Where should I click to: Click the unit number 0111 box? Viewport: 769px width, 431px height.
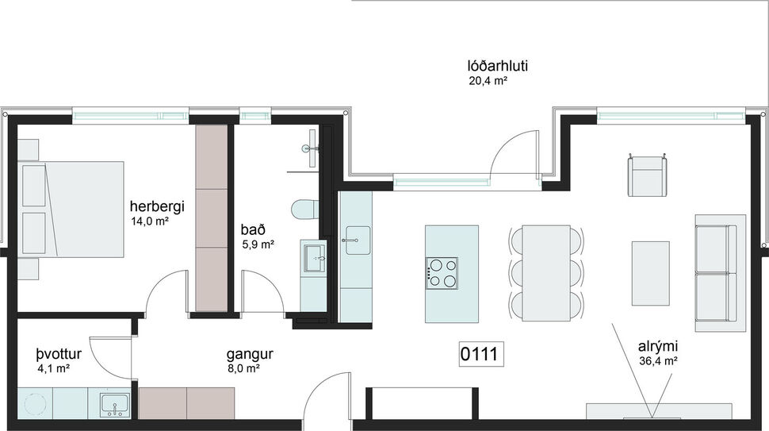(x=480, y=354)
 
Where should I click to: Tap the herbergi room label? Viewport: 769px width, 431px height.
(x=158, y=207)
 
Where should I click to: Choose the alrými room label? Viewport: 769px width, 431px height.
(x=657, y=347)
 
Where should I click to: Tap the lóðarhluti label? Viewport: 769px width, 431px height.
(x=497, y=66)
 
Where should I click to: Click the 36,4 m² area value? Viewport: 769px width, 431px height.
(x=657, y=361)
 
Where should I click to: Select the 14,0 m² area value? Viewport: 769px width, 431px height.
(x=151, y=221)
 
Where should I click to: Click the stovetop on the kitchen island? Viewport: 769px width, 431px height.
(x=443, y=272)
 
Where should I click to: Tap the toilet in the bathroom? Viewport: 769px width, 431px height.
(x=305, y=210)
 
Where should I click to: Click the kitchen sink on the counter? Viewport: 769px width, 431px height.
(x=356, y=240)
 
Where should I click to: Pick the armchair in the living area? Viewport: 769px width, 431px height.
(x=648, y=175)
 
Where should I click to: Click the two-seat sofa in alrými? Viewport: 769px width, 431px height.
(x=719, y=272)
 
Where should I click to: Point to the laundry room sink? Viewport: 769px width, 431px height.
(x=114, y=403)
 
